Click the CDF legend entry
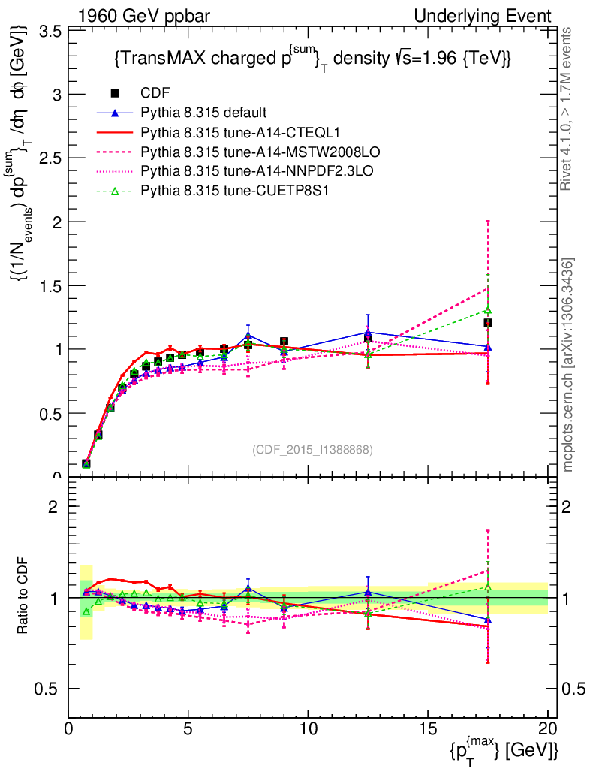[x=155, y=93]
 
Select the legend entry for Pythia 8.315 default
[x=203, y=113]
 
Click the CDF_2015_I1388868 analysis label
[x=312, y=449]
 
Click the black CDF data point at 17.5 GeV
[x=488, y=323]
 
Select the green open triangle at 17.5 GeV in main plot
[x=488, y=310]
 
